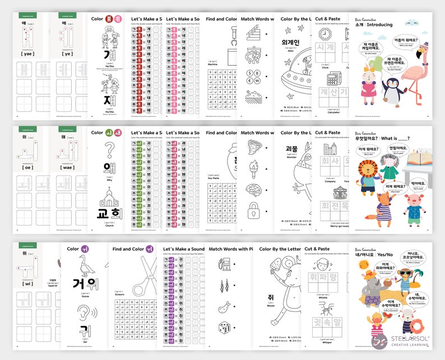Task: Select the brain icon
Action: [253, 189]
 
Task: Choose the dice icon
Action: [224, 327]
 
